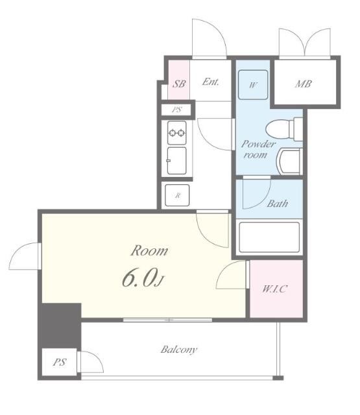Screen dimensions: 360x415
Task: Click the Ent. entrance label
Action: click(210, 82)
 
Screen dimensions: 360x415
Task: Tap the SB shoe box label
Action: click(179, 84)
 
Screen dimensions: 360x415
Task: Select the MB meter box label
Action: click(304, 84)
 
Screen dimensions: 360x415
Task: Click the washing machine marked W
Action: click(253, 85)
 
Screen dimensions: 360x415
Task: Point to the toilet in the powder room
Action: click(284, 130)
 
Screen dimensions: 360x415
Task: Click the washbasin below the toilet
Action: click(289, 161)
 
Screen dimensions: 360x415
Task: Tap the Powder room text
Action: click(258, 150)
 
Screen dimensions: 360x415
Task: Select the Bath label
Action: click(278, 204)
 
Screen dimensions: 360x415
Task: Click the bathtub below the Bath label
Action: click(269, 237)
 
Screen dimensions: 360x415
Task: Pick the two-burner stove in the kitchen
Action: click(177, 132)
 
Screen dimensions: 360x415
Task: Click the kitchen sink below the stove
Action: click(177, 161)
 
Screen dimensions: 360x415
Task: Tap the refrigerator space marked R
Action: click(177, 195)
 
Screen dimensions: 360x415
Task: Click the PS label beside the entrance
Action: click(177, 110)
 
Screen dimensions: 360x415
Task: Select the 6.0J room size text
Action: click(143, 279)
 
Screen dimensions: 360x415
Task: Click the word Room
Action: click(149, 250)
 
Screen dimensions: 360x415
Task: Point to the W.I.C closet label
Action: click(274, 289)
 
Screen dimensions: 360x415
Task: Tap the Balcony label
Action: click(179, 350)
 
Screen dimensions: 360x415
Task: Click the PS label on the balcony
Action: click(59, 362)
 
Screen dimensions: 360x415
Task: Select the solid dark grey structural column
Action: click(61, 326)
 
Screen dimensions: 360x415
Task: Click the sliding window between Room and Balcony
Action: click(167, 320)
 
